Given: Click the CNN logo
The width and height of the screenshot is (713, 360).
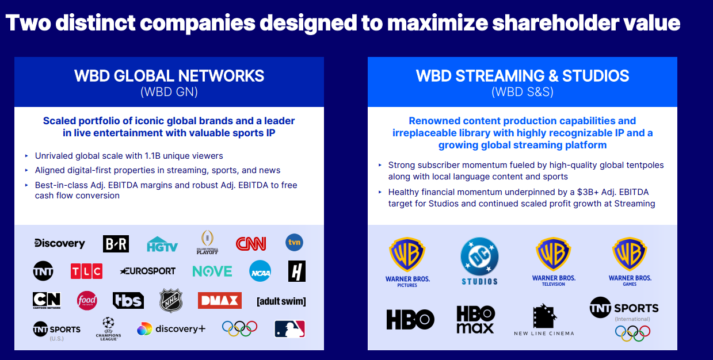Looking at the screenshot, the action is click(251, 244).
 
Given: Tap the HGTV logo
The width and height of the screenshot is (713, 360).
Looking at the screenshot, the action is click(162, 244).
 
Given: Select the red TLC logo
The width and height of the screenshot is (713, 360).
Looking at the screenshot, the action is click(86, 271).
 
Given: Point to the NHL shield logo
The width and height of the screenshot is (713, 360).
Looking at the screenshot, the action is click(171, 301).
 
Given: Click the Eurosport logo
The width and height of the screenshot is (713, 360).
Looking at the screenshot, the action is click(148, 271).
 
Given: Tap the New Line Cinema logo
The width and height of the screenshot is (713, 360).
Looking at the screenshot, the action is click(544, 320).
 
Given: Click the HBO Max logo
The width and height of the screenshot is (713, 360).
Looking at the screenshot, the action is click(475, 319).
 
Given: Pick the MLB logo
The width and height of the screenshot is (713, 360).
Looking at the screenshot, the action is click(289, 329).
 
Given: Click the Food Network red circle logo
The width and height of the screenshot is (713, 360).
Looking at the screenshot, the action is click(87, 301).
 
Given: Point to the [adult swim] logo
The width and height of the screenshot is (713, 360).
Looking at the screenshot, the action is click(281, 301).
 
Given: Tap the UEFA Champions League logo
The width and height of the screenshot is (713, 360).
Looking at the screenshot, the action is click(108, 329).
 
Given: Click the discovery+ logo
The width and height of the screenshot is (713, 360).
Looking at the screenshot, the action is click(171, 329).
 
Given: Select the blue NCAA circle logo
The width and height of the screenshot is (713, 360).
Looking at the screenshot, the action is click(260, 271).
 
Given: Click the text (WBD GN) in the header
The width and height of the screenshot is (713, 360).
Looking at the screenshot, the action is click(169, 92).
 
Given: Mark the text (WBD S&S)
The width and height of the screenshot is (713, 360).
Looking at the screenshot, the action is click(523, 92).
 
